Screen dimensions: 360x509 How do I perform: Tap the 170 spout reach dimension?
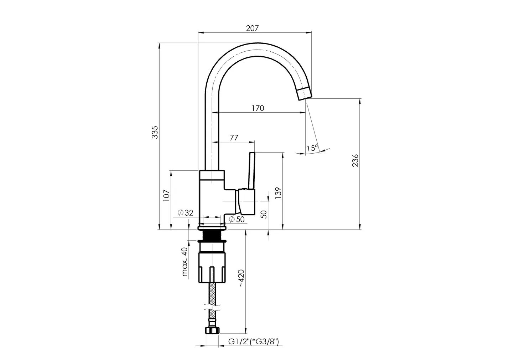(258, 108)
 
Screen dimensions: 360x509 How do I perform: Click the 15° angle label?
(312, 148)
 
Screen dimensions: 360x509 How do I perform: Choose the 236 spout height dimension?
(355, 161)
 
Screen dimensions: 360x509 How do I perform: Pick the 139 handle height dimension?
(278, 193)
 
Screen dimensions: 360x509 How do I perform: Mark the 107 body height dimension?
(166, 196)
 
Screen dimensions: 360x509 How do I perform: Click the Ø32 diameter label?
(185, 213)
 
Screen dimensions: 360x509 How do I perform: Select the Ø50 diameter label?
(237, 219)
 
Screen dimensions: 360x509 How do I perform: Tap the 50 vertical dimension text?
(264, 214)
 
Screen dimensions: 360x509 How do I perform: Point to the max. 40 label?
(184, 262)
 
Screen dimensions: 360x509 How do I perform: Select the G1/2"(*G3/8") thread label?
(253, 342)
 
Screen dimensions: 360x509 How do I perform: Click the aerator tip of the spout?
(304, 93)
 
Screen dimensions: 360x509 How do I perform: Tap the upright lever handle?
(251, 171)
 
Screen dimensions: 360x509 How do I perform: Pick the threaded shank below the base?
(212, 235)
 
